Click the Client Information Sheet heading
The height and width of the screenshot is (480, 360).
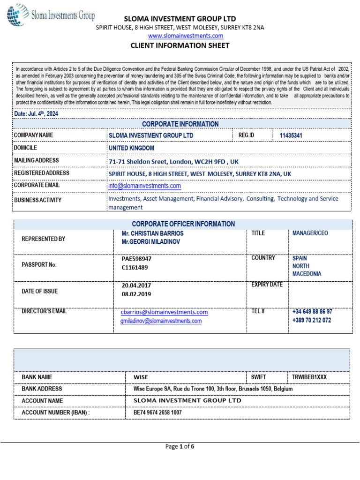[x=180, y=45]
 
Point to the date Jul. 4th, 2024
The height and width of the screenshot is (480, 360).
[x=37, y=113]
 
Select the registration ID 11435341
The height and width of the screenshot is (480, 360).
[x=291, y=135]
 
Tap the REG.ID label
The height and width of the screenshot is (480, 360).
[x=246, y=135]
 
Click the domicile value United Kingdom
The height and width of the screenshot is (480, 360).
[x=131, y=148]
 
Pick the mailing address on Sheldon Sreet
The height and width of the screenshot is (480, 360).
[x=173, y=161]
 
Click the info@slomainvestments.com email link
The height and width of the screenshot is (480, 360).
[x=144, y=186]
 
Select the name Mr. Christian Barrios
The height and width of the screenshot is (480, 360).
[x=152, y=233]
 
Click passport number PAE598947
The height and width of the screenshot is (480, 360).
[x=136, y=258]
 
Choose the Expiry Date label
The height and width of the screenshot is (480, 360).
[x=267, y=285]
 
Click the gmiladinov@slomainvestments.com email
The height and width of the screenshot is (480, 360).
[x=161, y=321]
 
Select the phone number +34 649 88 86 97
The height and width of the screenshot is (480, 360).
[x=312, y=312]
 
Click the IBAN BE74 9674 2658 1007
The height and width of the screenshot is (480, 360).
[x=158, y=412]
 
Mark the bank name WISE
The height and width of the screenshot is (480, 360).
[x=141, y=377]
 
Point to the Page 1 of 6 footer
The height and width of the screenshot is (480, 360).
[x=180, y=446]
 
